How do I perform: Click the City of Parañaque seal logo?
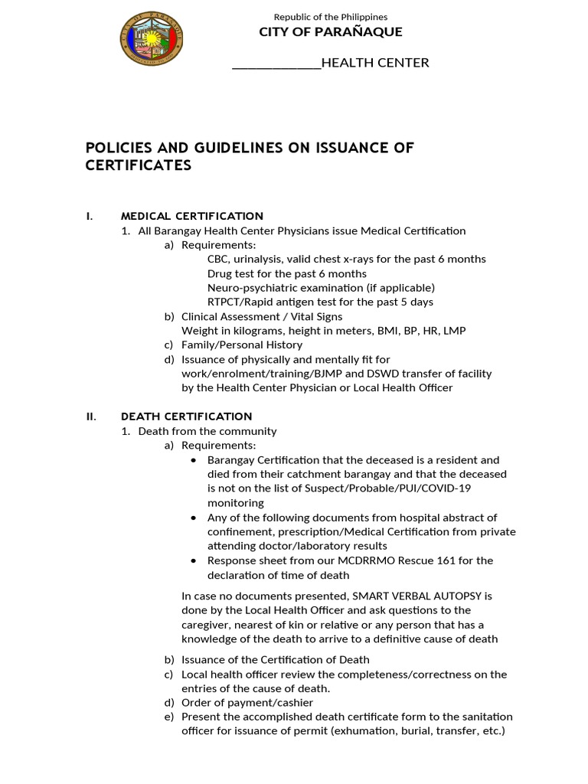tap(151, 38)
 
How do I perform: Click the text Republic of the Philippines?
tap(330, 16)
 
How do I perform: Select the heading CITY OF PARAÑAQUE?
tap(330, 31)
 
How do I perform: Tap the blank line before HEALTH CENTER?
tap(276, 63)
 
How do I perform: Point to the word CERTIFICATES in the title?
tap(138, 165)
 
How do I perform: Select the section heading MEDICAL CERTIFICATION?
tap(191, 216)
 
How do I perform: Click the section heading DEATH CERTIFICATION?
tap(186, 416)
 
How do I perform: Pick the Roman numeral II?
tap(91, 416)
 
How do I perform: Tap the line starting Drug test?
tap(286, 273)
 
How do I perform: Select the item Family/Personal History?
tap(241, 345)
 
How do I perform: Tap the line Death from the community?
tap(207, 431)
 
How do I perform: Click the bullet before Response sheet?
tap(192, 560)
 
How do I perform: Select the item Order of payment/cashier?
tap(247, 702)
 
